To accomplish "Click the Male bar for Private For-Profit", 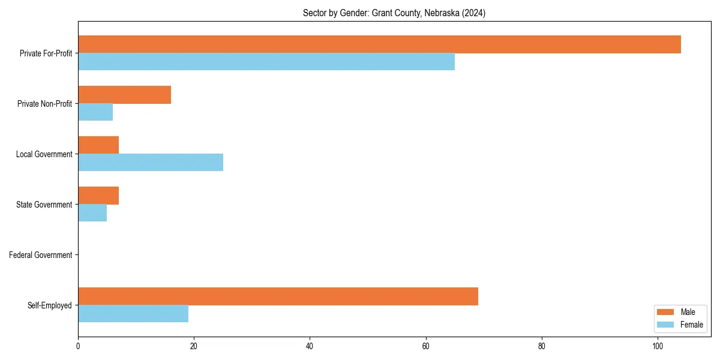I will [x=379, y=44].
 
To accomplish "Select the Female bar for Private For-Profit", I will [x=266, y=62].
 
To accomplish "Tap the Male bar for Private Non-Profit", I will [x=124, y=95].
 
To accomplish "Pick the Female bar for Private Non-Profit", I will [x=95, y=112].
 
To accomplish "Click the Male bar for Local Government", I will [x=98, y=145].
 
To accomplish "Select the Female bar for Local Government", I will [x=151, y=162].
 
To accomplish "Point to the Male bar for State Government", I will [x=98, y=196].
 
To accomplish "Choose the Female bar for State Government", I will [x=92, y=212].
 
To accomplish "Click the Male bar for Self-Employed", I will [x=278, y=296].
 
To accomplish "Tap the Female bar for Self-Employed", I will [x=133, y=313].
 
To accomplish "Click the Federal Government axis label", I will [x=41, y=255].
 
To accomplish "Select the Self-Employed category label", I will [x=50, y=305].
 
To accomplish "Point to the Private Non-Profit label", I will [x=44, y=104].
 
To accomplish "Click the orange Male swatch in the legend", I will [x=665, y=312].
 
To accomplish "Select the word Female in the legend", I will [x=692, y=325].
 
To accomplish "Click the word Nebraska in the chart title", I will [x=442, y=13].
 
